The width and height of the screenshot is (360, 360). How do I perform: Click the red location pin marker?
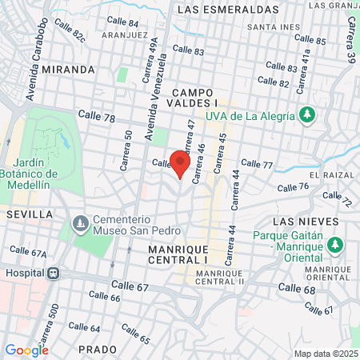pyautogui.click(x=180, y=164)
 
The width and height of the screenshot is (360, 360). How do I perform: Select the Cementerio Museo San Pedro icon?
pyautogui.click(x=79, y=223)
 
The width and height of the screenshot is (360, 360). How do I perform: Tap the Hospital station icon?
pyautogui.click(x=54, y=273)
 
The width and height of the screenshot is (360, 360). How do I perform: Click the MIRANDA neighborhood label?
pyautogui.click(x=70, y=70)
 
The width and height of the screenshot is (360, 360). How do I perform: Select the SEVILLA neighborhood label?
pyautogui.click(x=29, y=215)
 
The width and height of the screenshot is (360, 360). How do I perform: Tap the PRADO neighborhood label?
pyautogui.click(x=98, y=350)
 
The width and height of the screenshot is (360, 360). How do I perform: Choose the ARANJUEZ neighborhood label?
pyautogui.click(x=125, y=36)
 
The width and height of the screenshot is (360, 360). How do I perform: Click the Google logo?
pyautogui.click(x=26, y=350)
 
